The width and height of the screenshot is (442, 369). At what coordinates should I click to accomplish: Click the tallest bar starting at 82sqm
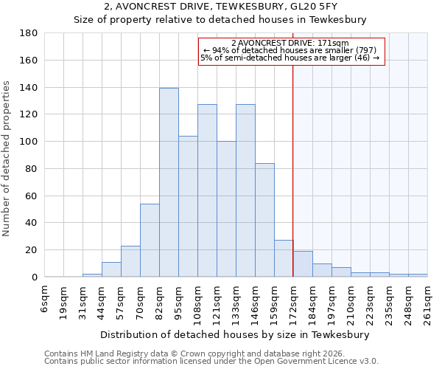169,182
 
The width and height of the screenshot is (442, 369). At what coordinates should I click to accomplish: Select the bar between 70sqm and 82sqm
150,240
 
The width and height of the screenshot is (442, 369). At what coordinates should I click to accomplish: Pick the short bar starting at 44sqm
111,269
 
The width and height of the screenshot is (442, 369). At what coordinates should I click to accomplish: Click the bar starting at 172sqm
303,264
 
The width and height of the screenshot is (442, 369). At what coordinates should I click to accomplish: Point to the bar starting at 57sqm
130,261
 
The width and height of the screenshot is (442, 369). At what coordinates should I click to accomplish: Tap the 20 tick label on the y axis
31,250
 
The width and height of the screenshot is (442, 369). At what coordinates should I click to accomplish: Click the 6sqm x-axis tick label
45,298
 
